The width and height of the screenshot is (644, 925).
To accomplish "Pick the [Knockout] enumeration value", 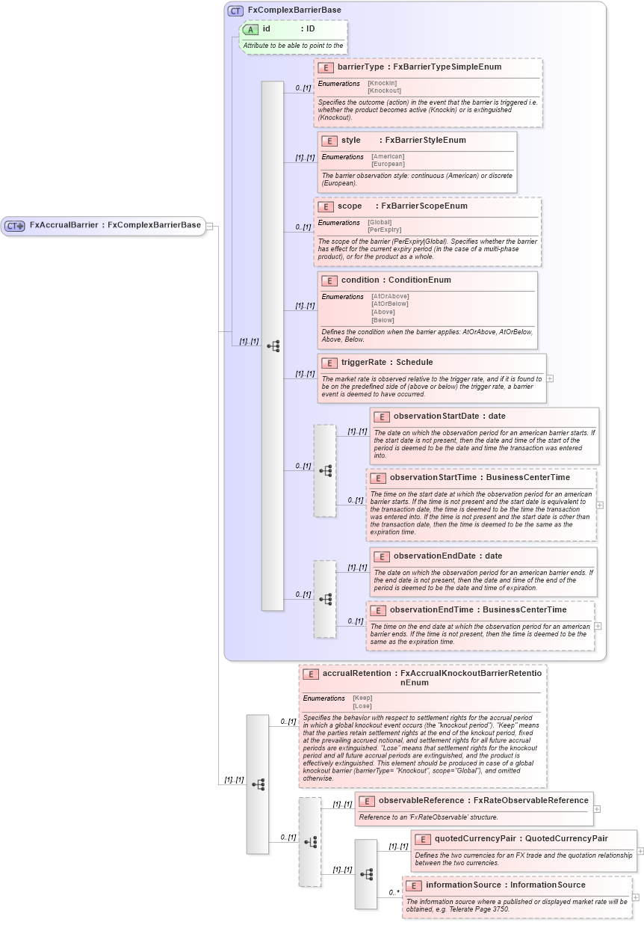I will click(x=384, y=90).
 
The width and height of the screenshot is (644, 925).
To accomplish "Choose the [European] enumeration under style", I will click(x=388, y=164).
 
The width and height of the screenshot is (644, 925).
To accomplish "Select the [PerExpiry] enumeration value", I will click(x=384, y=230).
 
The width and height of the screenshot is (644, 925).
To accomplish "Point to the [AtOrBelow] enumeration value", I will click(x=390, y=304).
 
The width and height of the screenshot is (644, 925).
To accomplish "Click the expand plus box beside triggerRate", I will click(x=550, y=378).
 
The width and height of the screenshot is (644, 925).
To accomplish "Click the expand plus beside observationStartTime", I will click(x=600, y=505).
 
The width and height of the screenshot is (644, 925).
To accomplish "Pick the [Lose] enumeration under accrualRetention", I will click(x=362, y=706).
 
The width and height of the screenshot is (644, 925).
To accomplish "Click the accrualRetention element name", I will click(x=356, y=673).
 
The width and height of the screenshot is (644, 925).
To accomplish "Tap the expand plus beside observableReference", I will click(x=597, y=808).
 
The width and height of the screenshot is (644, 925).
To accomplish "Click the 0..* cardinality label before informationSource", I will click(x=394, y=892).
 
